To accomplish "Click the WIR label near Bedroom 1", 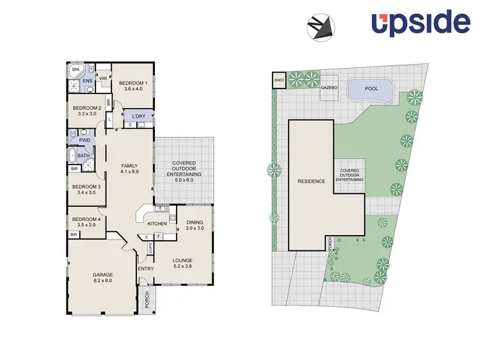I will coord(102,78).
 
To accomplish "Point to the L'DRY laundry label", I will coord(140,115).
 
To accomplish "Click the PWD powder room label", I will coord(84,140).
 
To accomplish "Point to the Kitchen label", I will coord(157,224).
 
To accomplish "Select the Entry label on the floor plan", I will coord(146,268).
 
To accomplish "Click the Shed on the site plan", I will coord(279,80).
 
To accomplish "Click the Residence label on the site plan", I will coord(311,181).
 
